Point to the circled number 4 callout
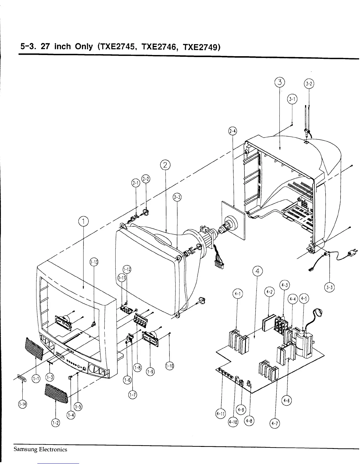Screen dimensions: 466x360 click(257, 272)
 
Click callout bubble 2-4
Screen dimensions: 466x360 click(233, 131)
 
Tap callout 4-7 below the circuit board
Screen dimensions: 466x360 click(275, 424)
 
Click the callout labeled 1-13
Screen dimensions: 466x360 click(94, 262)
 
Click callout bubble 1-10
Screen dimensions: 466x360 click(169, 366)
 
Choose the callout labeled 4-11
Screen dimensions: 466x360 click(220, 414)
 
